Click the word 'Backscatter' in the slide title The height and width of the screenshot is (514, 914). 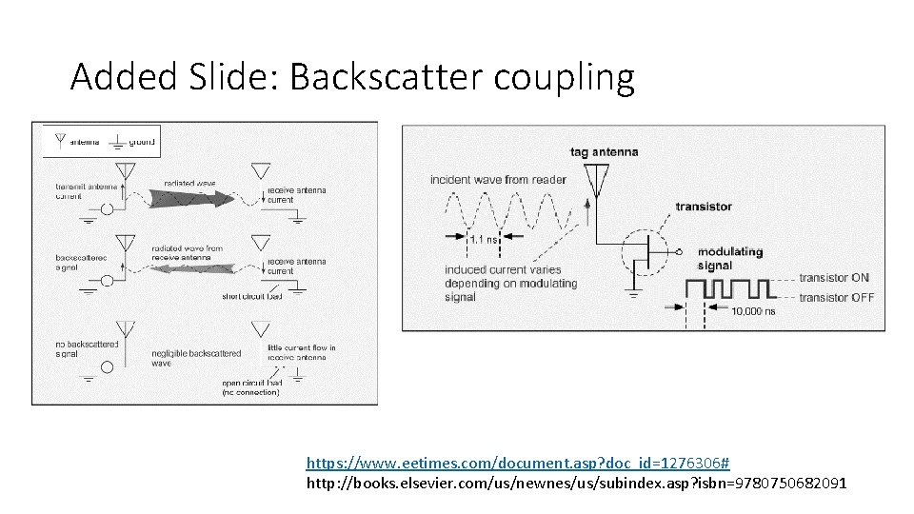(x=387, y=77)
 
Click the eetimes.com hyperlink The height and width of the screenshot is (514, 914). (x=517, y=463)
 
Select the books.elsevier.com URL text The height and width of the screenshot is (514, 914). (x=575, y=484)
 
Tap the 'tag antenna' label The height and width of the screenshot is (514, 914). (x=604, y=151)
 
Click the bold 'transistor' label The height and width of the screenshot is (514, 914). (x=704, y=207)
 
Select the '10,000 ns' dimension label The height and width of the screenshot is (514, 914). (x=754, y=310)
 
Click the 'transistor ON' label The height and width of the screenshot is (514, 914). (x=834, y=278)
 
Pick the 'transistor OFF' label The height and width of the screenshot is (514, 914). (x=836, y=297)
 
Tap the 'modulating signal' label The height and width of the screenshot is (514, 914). (x=730, y=259)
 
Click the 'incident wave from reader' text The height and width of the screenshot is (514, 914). (x=498, y=179)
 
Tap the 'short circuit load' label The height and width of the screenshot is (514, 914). (x=252, y=296)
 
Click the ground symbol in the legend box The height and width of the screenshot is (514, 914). (x=116, y=142)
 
